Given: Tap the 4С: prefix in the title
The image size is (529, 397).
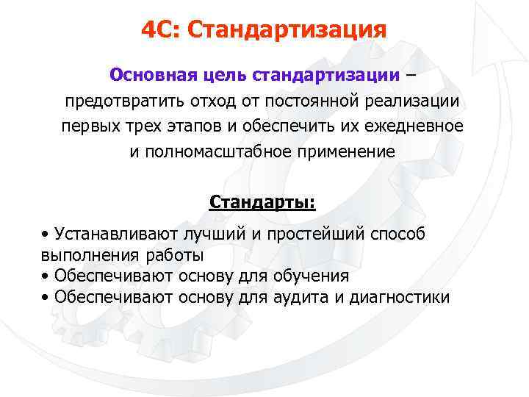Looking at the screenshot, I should (162, 30).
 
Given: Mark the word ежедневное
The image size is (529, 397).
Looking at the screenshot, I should (422, 126).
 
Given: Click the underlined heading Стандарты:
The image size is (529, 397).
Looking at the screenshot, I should (262, 201).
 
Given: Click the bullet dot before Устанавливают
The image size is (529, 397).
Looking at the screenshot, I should (46, 235).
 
